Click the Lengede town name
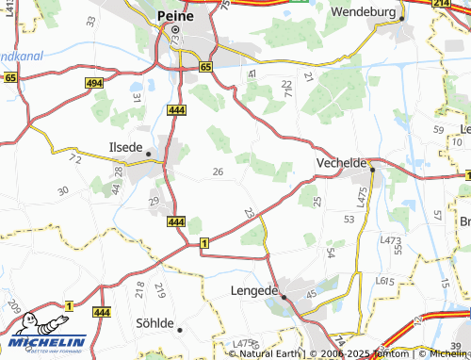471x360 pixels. tap(253, 291)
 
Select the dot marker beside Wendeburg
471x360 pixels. tap(401, 18)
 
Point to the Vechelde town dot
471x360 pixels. tap(372, 170)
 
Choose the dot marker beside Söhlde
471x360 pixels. tap(179, 329)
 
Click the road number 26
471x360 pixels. tap(219, 172)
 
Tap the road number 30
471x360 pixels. tap(63, 191)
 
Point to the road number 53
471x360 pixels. tap(349, 219)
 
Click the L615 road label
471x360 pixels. tap(384, 280)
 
